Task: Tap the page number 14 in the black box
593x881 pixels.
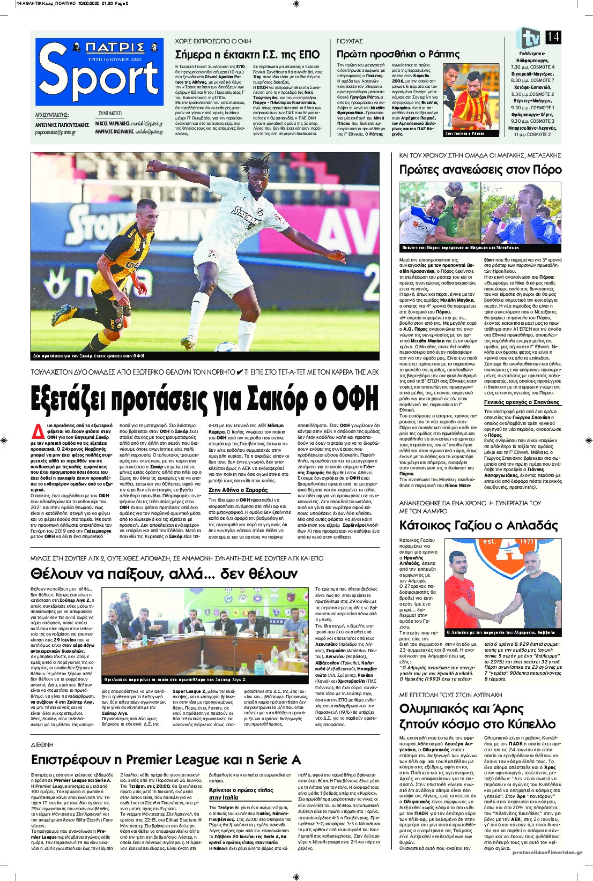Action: tap(553, 36)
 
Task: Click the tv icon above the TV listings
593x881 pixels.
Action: tap(528, 38)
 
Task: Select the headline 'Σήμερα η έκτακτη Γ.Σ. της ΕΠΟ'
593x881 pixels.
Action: tap(247, 55)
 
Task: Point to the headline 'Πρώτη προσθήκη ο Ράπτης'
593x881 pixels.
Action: tap(398, 54)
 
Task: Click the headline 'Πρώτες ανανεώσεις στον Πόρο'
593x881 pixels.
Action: tap(480, 170)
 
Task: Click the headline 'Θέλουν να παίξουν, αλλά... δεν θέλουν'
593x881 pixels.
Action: tap(164, 573)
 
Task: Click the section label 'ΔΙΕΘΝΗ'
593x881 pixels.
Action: tap(42, 745)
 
